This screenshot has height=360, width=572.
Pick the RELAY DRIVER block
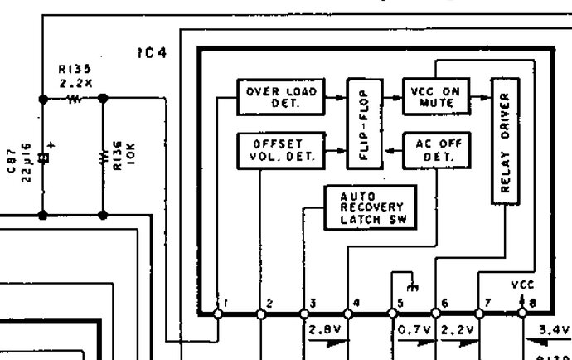505,141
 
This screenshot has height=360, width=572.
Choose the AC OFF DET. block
434,150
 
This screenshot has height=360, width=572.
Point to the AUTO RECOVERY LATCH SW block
371,207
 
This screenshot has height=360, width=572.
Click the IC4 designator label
153,53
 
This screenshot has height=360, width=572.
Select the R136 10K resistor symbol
103,156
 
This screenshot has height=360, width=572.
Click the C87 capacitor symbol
43,156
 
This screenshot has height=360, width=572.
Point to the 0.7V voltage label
413,329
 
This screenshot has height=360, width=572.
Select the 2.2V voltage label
457,329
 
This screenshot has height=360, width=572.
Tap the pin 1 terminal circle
219,314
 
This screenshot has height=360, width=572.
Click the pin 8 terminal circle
522,314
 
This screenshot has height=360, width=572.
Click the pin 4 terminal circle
347,314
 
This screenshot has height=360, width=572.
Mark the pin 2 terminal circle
260,314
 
